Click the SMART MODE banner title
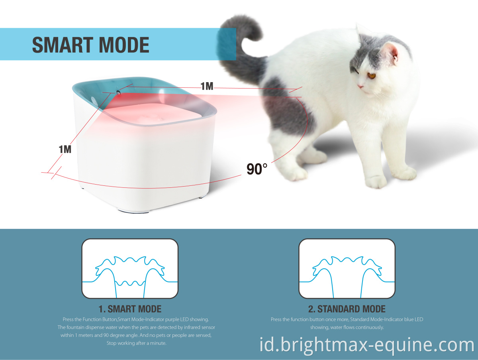tap(90, 45)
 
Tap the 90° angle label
tap(257, 169)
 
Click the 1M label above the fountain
tap(207, 86)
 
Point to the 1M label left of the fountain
tap(65, 150)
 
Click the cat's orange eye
tap(371, 76)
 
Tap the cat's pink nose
tap(360, 87)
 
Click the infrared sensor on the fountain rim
tap(118, 92)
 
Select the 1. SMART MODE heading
tap(130, 309)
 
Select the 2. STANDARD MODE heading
tap(347, 309)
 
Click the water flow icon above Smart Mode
tap(130, 268)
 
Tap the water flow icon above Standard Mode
tap(347, 268)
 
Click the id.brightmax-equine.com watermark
tap(367, 344)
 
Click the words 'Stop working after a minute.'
tap(136, 343)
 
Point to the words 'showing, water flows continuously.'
tap(347, 327)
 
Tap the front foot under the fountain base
tap(133, 211)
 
